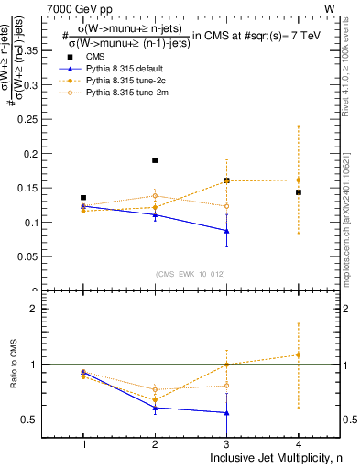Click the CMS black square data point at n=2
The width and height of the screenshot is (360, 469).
pyautogui.click(x=155, y=160)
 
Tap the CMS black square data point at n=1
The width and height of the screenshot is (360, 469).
pyautogui.click(x=83, y=198)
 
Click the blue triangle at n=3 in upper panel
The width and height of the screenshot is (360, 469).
pyautogui.click(x=226, y=231)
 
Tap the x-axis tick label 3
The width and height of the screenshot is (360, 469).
pyautogui.click(x=226, y=444)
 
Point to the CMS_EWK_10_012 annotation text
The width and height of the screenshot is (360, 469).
pyautogui.click(x=191, y=273)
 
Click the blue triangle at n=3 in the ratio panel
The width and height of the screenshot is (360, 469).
pyautogui.click(x=226, y=413)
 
